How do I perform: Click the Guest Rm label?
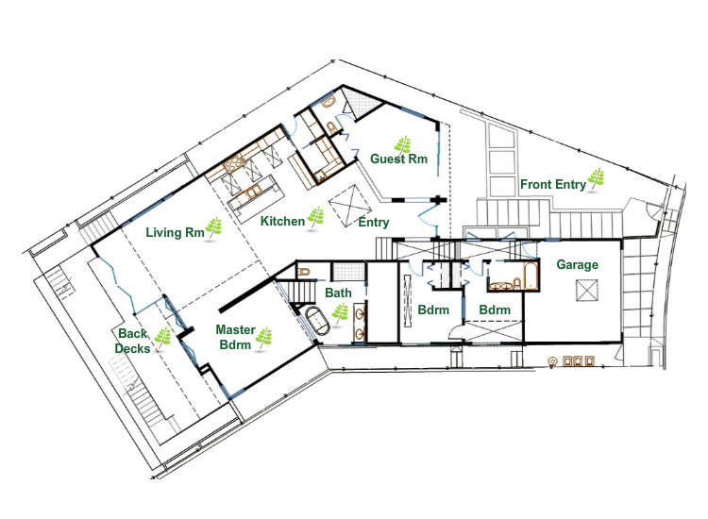pyautogui.click(x=398, y=159)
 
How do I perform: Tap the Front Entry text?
pyautogui.click(x=553, y=185)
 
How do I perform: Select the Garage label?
pyautogui.click(x=577, y=264)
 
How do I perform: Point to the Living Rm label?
pyautogui.click(x=175, y=232)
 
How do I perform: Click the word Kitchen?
pyautogui.click(x=282, y=221)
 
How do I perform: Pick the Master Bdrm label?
pyautogui.click(x=235, y=337)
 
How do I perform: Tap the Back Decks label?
pyautogui.click(x=132, y=341)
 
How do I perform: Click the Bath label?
pyautogui.click(x=338, y=293)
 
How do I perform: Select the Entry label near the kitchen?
pyautogui.click(x=374, y=222)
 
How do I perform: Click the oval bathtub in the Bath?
pyautogui.click(x=317, y=321)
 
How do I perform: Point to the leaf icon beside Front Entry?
pyautogui.click(x=596, y=179)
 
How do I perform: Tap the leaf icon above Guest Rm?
pyautogui.click(x=403, y=145)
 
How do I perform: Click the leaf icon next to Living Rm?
pyautogui.click(x=214, y=227)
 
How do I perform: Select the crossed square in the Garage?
pyautogui.click(x=587, y=291)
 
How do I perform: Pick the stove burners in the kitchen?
pyautogui.click(x=234, y=164)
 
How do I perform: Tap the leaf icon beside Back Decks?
pyautogui.click(x=162, y=337)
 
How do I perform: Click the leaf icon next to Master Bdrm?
pyautogui.click(x=263, y=337)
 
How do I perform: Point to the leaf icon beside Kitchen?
pyautogui.click(x=315, y=217)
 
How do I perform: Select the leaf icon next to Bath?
pyautogui.click(x=340, y=312)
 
